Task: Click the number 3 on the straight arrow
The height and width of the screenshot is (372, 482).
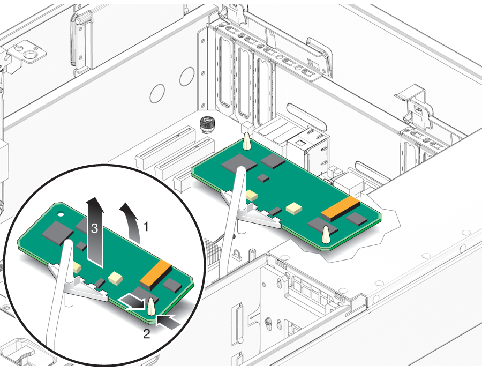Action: (x=94, y=228)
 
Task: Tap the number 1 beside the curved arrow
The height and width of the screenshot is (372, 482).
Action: (x=146, y=226)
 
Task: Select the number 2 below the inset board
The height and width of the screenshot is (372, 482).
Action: (x=147, y=334)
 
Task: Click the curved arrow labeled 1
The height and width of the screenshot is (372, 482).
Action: (x=132, y=220)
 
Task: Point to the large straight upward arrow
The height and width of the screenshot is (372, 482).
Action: (x=95, y=232)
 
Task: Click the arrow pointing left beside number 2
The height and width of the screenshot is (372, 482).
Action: (x=168, y=321)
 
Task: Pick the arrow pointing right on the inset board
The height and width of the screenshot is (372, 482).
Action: (x=132, y=301)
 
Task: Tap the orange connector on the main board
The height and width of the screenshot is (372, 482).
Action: (x=341, y=209)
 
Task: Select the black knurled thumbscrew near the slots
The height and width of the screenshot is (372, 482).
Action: (x=206, y=124)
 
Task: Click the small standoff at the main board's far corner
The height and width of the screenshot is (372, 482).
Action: (x=246, y=141)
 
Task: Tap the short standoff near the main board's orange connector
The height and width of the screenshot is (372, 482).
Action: (x=326, y=234)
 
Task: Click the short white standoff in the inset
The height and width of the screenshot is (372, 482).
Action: (x=151, y=307)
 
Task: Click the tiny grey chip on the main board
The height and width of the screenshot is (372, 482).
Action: (x=263, y=178)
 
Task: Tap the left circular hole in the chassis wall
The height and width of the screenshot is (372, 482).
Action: (x=157, y=94)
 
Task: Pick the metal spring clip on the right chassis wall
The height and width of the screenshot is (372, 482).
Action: (x=415, y=108)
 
